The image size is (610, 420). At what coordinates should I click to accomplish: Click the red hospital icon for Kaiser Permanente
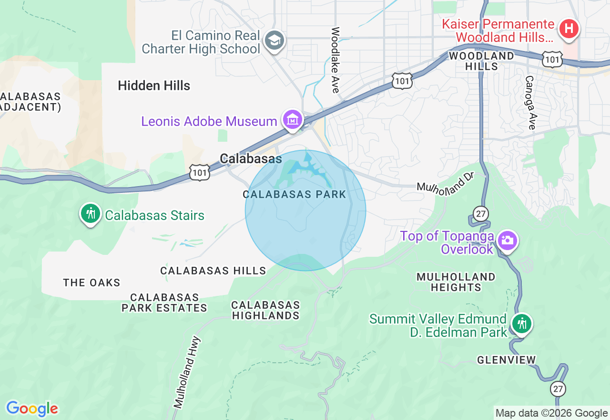[x=568, y=29]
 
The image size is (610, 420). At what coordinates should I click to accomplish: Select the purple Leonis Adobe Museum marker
[x=292, y=119]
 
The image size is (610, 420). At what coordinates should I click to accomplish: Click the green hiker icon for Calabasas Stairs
[x=90, y=214]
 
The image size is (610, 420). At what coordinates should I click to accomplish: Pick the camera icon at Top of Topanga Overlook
[x=507, y=241]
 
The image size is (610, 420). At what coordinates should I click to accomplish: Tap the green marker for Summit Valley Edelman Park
[x=522, y=324]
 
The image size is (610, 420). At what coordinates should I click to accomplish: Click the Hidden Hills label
[x=154, y=86]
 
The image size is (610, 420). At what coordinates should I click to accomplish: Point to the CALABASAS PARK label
[x=294, y=195]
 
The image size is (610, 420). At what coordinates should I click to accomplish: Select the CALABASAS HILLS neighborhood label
[x=213, y=271]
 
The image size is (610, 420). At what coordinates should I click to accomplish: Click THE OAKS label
[x=92, y=283]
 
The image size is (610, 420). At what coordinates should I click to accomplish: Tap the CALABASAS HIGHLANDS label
[x=266, y=310]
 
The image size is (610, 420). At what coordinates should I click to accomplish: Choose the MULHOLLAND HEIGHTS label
[x=456, y=282]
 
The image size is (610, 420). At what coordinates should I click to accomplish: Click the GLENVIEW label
[x=507, y=360]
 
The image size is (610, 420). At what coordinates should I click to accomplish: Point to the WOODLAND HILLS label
[x=482, y=61]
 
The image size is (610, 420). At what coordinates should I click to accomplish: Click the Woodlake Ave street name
[x=335, y=60]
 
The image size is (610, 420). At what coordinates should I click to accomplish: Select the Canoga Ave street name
[x=530, y=102]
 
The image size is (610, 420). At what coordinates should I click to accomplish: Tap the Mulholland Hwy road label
[x=187, y=373]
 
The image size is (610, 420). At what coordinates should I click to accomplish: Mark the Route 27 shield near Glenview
[x=558, y=388]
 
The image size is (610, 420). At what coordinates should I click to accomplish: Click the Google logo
[x=32, y=409]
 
